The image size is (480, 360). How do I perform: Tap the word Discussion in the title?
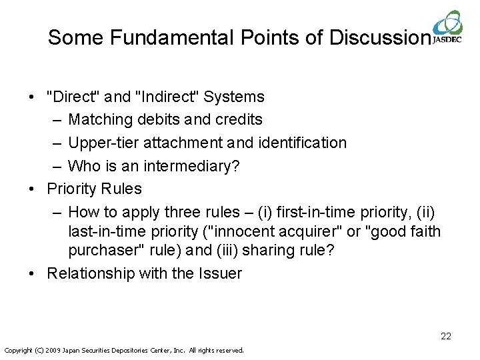tap(379, 37)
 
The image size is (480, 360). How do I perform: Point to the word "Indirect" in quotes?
tap(167, 97)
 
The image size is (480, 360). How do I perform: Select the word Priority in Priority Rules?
tap(72, 189)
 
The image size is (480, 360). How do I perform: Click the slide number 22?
tap(445, 336)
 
